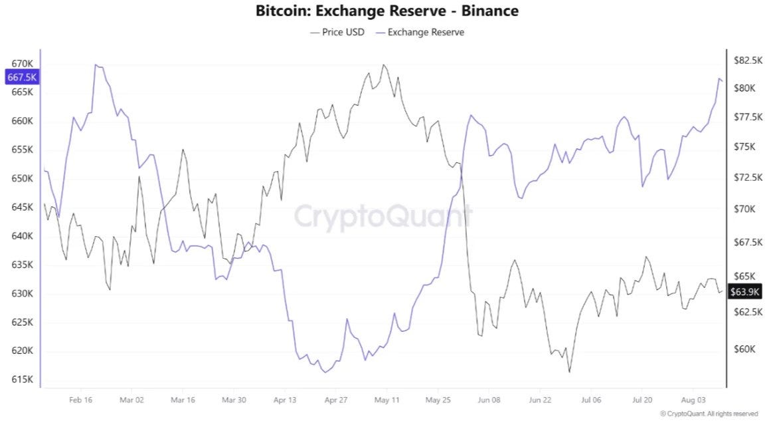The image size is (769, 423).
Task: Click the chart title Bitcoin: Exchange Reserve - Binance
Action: pyautogui.click(x=387, y=11)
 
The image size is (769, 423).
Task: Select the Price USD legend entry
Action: pyautogui.click(x=337, y=33)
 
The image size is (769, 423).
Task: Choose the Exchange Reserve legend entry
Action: pyautogui.click(x=420, y=33)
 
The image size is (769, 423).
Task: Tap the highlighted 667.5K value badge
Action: pyautogui.click(x=21, y=77)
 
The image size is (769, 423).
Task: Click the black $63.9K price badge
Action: pyautogui.click(x=744, y=292)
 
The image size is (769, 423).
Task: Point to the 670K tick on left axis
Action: pyautogui.click(x=22, y=63)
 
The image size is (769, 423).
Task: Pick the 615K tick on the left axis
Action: pyautogui.click(x=22, y=379)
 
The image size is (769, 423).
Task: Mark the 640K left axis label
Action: pyautogui.click(x=22, y=236)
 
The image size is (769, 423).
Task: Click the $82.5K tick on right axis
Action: pyautogui.click(x=748, y=60)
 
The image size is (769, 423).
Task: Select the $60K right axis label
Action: pyautogui.click(x=744, y=349)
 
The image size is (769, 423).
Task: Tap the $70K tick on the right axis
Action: pyautogui.click(x=744, y=209)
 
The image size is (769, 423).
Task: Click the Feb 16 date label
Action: pyautogui.click(x=80, y=400)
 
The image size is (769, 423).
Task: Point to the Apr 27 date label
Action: pyautogui.click(x=336, y=400)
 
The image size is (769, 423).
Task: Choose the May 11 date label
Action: pyautogui.click(x=387, y=400)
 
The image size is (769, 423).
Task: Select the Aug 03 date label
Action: pyautogui.click(x=693, y=400)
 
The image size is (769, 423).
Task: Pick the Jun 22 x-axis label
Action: pyautogui.click(x=540, y=400)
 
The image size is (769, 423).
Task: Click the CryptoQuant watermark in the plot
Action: pyautogui.click(x=383, y=216)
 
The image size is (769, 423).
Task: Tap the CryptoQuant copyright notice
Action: pyautogui.click(x=709, y=414)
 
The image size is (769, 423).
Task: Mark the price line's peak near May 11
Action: pyautogui.click(x=384, y=65)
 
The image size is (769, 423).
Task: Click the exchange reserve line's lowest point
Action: pyautogui.click(x=325, y=372)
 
